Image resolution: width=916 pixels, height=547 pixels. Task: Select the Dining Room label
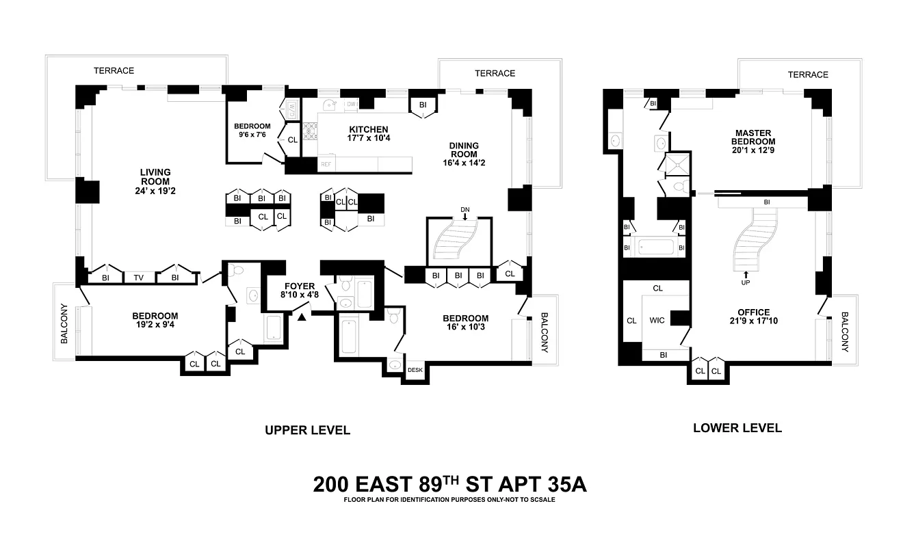(464, 150)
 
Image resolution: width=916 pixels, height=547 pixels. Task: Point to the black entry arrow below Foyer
(302, 315)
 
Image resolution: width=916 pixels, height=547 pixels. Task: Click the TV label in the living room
(139, 278)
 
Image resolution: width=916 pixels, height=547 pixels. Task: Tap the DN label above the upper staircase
(465, 209)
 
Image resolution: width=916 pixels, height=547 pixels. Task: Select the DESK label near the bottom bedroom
(415, 370)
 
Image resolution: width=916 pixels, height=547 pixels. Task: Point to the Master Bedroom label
(753, 137)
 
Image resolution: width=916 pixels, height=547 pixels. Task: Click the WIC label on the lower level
(657, 319)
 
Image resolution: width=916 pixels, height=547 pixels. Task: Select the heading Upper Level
(307, 430)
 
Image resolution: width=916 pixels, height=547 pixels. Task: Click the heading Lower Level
(737, 428)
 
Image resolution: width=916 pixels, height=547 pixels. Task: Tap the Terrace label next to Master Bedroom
(807, 75)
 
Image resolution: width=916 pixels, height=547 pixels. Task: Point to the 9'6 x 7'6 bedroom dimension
(252, 135)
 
